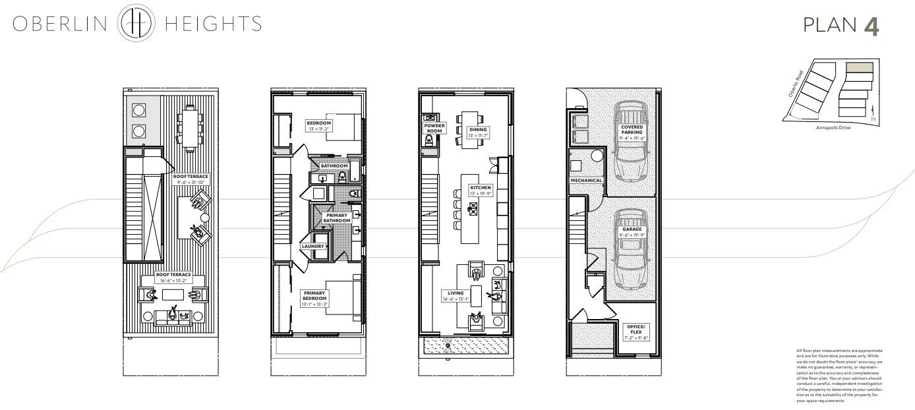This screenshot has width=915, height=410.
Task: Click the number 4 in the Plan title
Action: (x=871, y=26)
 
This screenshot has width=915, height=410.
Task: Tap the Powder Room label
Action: (x=434, y=128)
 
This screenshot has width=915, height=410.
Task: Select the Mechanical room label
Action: (x=587, y=180)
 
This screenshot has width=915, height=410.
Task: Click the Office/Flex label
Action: (x=637, y=330)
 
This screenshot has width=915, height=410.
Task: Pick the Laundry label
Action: (x=312, y=246)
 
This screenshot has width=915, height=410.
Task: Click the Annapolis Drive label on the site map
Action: (x=833, y=127)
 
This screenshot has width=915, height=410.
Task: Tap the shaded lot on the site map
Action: (x=859, y=67)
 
